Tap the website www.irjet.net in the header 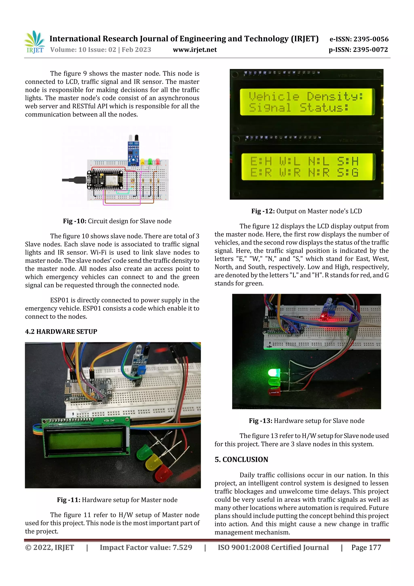pyautogui.click(x=195, y=50)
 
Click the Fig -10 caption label pyautogui.click(x=74, y=221)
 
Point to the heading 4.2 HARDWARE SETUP pyautogui.click(x=61, y=332)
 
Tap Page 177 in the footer pyautogui.click(x=366, y=547)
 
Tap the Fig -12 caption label pyautogui.click(x=263, y=211)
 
